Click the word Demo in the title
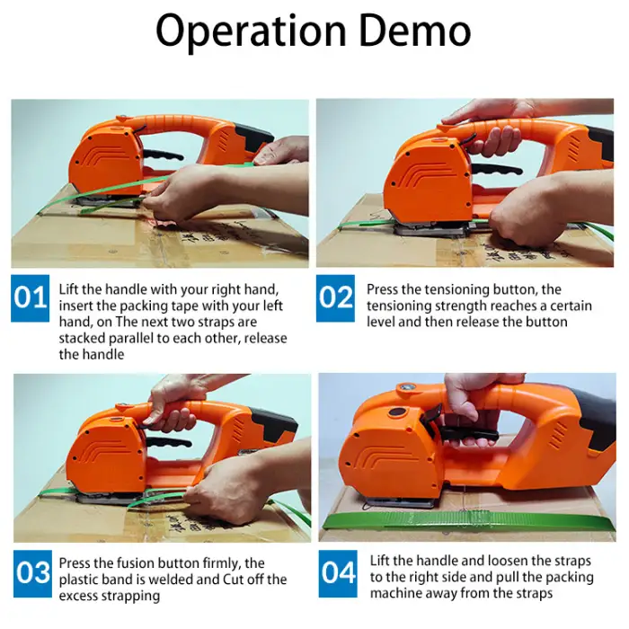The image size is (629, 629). (415, 31)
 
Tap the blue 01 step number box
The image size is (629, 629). (30, 298)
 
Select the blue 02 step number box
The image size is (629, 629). (335, 298)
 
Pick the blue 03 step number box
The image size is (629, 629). (32, 573)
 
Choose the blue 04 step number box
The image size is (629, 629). (338, 573)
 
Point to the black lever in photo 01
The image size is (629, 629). (163, 155)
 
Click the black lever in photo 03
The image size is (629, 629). (168, 443)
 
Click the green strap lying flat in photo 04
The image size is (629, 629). (468, 520)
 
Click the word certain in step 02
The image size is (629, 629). (571, 306)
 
